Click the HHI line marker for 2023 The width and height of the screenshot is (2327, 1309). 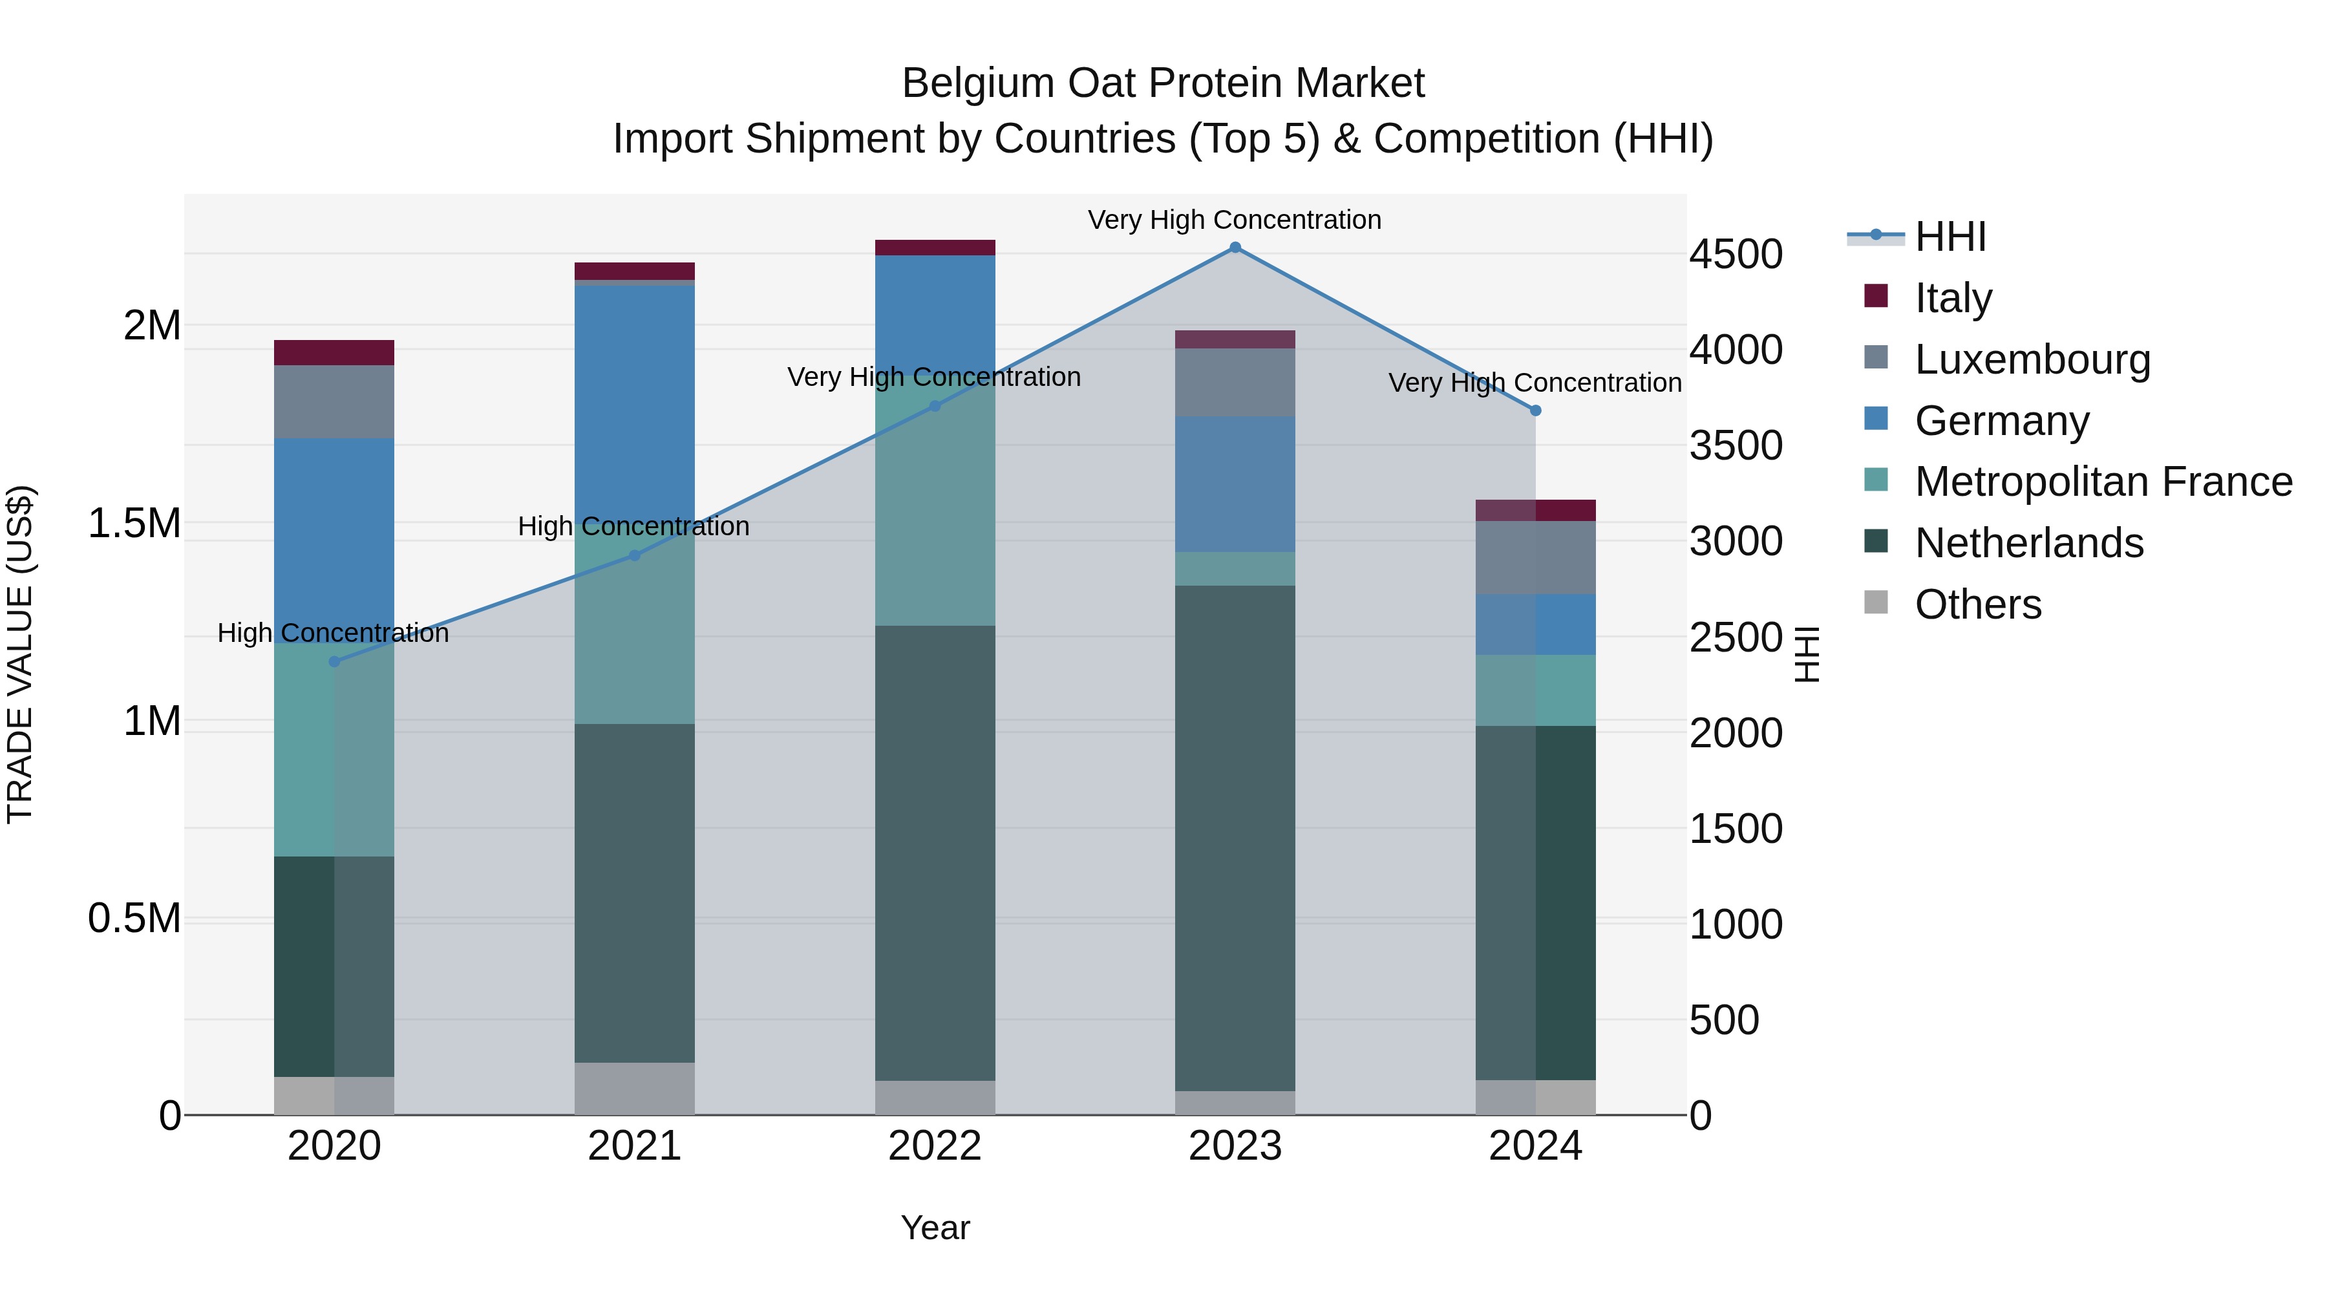(x=1235, y=248)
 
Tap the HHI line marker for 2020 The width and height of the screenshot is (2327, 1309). (x=334, y=661)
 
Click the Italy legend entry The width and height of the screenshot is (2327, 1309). (x=1952, y=298)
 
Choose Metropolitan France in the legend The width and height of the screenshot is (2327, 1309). (x=2102, y=482)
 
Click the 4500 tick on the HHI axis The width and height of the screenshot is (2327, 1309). (x=1736, y=254)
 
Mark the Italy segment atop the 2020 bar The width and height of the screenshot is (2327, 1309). (x=334, y=352)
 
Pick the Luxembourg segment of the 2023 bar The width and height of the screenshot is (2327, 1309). (x=1235, y=382)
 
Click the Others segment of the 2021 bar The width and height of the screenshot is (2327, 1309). (x=634, y=1088)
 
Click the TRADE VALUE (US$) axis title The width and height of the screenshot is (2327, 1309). (x=21, y=654)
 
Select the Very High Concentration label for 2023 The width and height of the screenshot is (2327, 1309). (x=1234, y=220)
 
